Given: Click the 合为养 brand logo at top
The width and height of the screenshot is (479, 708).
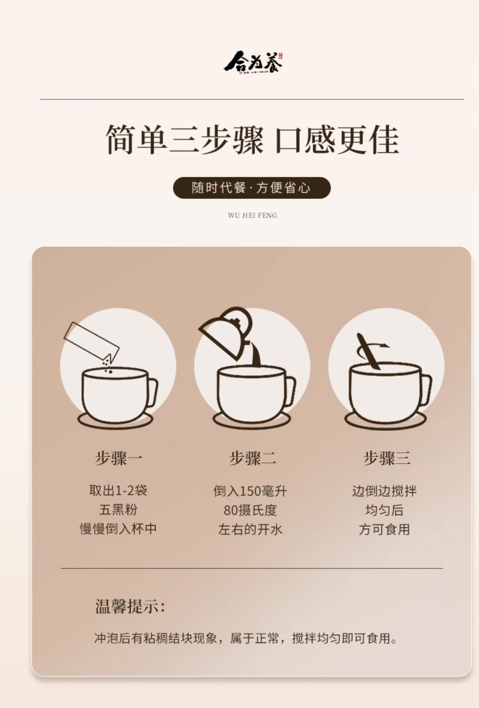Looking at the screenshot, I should [253, 63].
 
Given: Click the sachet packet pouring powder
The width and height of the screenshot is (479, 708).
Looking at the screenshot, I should [91, 341].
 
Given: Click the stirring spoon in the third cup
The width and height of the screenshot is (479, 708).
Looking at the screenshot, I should [369, 351].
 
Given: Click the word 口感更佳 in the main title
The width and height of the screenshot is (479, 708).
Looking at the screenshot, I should [336, 140].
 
